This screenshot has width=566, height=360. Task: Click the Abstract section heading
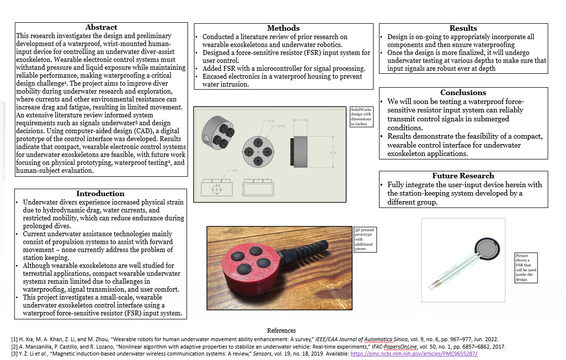tap(101, 28)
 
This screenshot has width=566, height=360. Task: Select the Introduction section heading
tap(100, 194)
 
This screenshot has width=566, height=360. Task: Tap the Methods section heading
tap(283, 28)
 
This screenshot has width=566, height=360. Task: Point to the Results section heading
tap(463, 28)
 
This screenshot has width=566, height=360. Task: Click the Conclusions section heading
tap(463, 93)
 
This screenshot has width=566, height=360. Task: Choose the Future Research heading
tap(463, 176)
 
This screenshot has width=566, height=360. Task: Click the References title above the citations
tap(281, 330)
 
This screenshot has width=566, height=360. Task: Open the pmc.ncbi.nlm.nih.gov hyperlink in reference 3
tap(414, 354)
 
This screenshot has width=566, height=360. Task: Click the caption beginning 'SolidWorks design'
tap(362, 116)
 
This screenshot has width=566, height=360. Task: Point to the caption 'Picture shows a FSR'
tap(525, 267)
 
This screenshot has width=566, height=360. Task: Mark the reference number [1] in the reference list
tap(14, 339)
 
